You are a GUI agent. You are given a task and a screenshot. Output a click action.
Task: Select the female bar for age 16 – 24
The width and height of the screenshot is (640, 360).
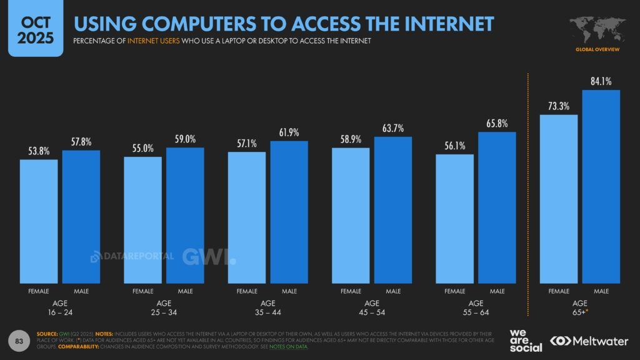(x=39, y=221)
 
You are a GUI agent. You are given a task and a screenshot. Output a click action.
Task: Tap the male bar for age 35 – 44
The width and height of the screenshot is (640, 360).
(x=289, y=212)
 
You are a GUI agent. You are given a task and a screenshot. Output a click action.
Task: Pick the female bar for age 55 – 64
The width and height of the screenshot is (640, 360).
(x=455, y=219)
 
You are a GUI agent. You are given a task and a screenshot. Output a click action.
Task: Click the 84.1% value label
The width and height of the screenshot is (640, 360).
(x=601, y=81)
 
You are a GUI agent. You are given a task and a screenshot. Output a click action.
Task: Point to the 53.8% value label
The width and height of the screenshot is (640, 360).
(x=39, y=151)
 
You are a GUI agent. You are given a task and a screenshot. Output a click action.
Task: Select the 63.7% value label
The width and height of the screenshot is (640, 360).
(x=393, y=128)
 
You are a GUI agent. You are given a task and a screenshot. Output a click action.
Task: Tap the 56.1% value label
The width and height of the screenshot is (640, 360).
(x=455, y=146)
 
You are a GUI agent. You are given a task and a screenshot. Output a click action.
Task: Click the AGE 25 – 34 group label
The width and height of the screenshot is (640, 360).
(x=164, y=308)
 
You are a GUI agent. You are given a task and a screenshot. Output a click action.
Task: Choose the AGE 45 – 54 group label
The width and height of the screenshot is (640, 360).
(x=372, y=308)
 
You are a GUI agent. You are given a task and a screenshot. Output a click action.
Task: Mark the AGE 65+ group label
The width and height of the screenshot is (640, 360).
(x=580, y=308)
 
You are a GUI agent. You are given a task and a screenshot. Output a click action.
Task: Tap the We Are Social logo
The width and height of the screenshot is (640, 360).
(x=525, y=340)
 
